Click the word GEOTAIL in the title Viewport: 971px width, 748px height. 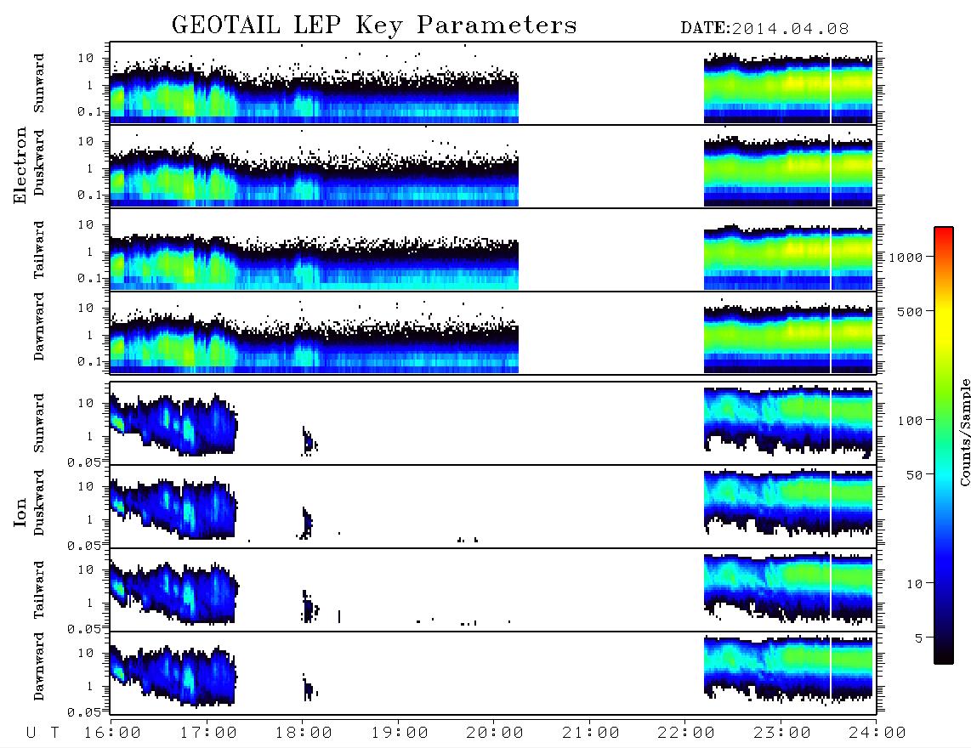[x=225, y=25]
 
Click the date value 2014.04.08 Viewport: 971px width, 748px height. [x=790, y=29]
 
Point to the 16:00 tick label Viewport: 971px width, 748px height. [x=112, y=733]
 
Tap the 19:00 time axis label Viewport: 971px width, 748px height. [x=400, y=733]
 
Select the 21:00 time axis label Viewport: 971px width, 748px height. [x=591, y=733]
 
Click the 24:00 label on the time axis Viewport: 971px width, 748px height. [x=877, y=733]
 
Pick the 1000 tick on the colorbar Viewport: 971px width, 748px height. [x=906, y=257]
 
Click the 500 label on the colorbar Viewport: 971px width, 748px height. [x=910, y=311]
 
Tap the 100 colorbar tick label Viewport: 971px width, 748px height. [x=910, y=421]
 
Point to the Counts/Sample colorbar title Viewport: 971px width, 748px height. [x=965, y=432]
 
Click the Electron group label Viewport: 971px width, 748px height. [x=20, y=165]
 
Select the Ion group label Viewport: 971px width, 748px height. [x=20, y=512]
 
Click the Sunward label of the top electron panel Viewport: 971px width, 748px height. [x=39, y=83]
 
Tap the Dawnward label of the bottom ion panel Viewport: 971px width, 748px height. [x=39, y=666]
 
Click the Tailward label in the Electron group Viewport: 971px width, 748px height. [x=39, y=250]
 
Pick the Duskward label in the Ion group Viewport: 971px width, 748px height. [x=39, y=502]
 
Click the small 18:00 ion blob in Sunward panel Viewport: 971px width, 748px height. [x=309, y=441]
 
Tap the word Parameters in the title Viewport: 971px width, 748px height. [x=497, y=25]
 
